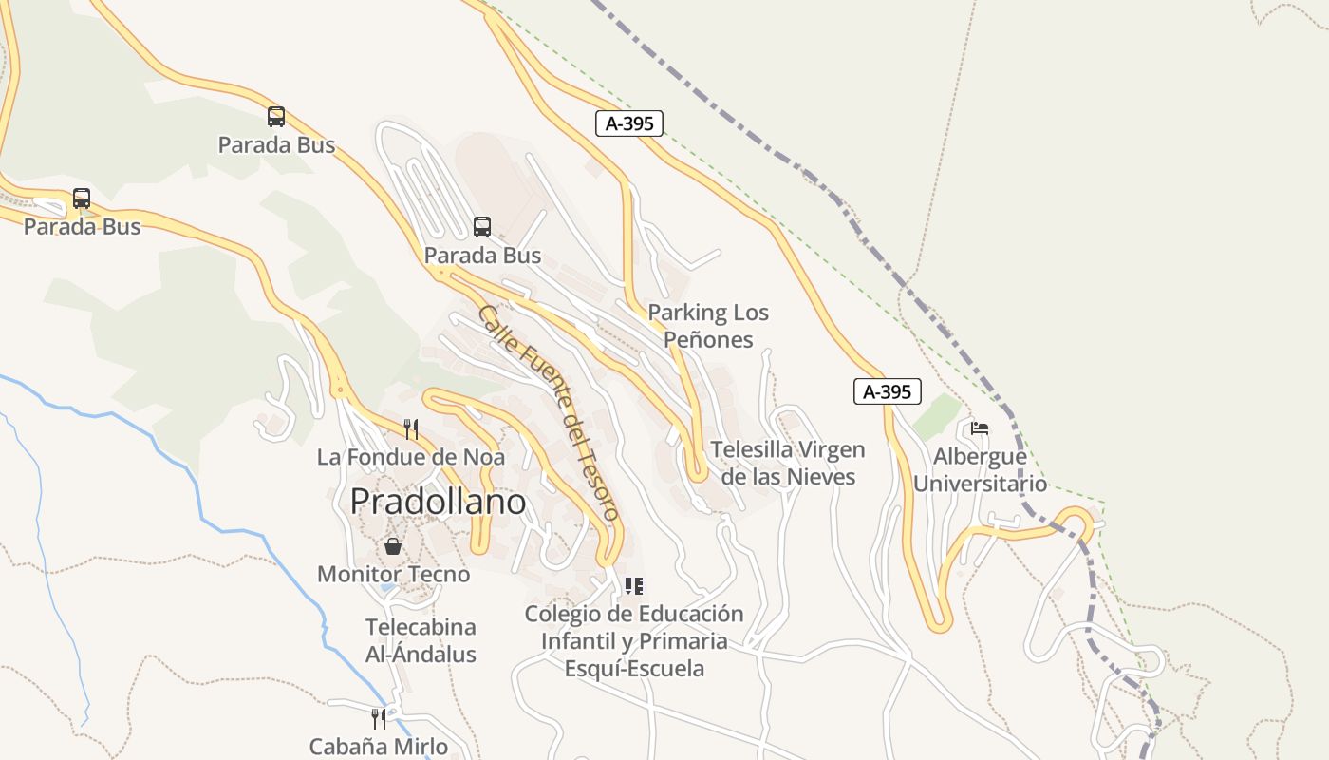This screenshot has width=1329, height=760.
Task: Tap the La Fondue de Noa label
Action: point(411,457)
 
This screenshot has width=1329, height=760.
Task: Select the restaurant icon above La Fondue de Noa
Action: point(411,429)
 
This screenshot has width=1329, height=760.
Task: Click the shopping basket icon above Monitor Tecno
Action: point(393,546)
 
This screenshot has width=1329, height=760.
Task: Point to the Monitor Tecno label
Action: point(393,575)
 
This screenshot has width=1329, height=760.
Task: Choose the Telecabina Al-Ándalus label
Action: point(421,640)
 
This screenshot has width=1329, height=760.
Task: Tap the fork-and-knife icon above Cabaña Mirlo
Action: point(379,718)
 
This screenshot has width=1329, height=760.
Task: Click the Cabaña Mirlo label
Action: point(379,746)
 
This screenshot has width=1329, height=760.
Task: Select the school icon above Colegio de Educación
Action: point(634,586)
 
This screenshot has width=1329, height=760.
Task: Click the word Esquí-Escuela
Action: point(634,669)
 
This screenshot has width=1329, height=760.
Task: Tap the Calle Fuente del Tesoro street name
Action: point(551,413)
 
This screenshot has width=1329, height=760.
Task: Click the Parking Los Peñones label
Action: point(708,325)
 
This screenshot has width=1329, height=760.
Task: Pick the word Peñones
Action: point(708,339)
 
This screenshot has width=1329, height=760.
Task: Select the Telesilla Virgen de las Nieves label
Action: point(788,463)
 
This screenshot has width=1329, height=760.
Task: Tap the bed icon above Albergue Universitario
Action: point(980,428)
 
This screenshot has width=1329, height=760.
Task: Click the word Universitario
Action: point(980,484)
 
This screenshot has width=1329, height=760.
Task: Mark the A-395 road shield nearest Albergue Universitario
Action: point(888,391)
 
